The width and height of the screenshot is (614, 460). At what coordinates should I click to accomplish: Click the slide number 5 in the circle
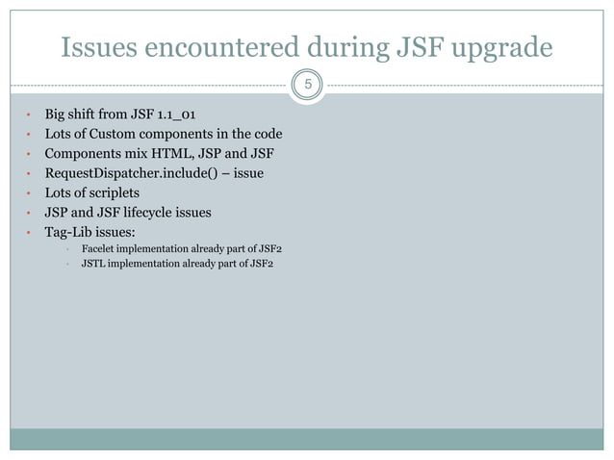coord(307,86)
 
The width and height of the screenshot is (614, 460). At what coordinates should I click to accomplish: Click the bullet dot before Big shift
coord(29,115)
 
